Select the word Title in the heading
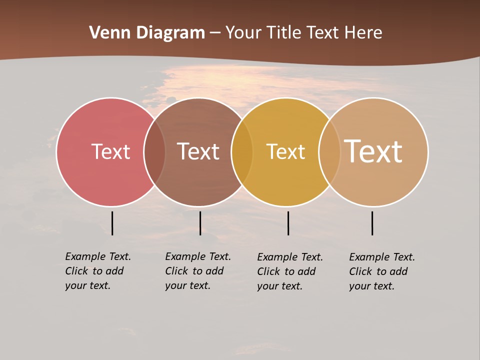tap(283, 33)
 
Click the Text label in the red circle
tap(110, 151)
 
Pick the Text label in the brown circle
tap(198, 151)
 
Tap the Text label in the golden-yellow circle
tap(285, 151)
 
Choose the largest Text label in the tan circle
tap(373, 151)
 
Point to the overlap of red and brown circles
tap(154, 151)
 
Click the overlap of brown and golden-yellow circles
tap(242, 151)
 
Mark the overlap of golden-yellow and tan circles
tap(329, 151)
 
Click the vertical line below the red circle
tap(112, 223)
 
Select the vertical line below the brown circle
tap(200, 223)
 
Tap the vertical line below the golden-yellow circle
tap(288, 223)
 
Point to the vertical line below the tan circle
tap(372, 223)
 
